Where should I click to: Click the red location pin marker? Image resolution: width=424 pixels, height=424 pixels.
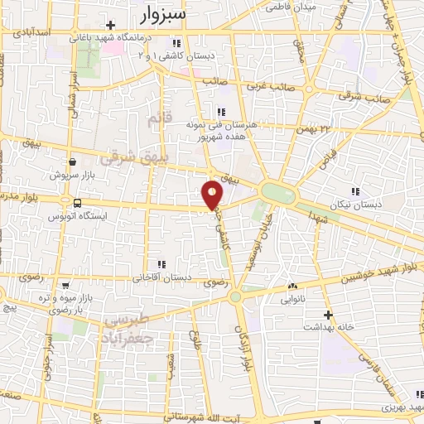click(213, 195)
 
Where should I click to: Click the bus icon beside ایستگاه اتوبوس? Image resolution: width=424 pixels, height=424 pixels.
click(77, 203)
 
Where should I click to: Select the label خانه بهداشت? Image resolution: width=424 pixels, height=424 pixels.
click(355, 325)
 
